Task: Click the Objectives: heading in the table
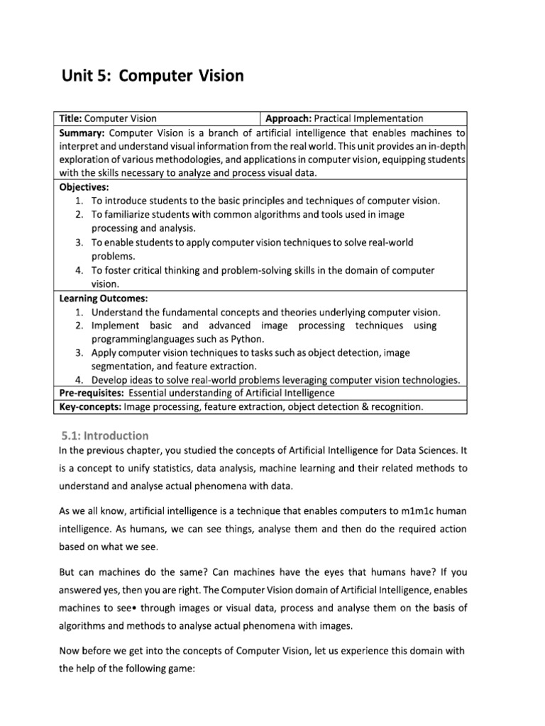[x=84, y=187]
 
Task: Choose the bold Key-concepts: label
[x=90, y=406]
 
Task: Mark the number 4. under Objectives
[x=79, y=270]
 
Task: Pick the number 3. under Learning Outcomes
[x=79, y=352]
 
